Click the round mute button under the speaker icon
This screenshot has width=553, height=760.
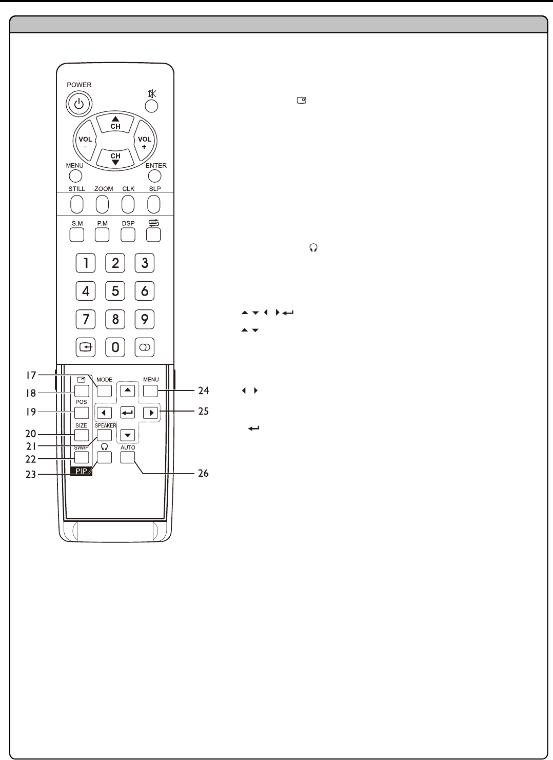click(151, 106)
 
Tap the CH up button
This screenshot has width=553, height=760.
click(115, 124)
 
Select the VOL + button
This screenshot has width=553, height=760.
click(145, 141)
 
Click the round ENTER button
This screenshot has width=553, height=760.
click(154, 176)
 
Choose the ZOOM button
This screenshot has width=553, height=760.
click(103, 204)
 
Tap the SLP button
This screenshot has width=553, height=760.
click(154, 204)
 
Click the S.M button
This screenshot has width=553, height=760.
click(77, 235)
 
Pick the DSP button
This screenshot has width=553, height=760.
click(128, 235)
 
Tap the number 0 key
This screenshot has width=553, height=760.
click(115, 347)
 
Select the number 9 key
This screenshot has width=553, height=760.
click(145, 319)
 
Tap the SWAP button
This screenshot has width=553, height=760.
click(82, 457)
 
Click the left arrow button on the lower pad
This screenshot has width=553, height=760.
click(105, 413)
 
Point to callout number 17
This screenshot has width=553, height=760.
click(31, 376)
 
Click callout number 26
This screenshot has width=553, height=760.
click(204, 473)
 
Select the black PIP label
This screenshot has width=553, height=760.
click(82, 471)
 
